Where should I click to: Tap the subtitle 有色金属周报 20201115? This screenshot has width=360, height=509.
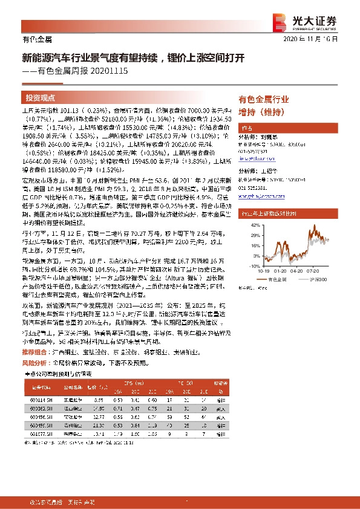click(79, 71)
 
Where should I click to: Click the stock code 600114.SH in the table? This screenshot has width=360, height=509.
click(38, 400)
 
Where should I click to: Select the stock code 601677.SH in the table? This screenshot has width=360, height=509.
click(38, 434)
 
